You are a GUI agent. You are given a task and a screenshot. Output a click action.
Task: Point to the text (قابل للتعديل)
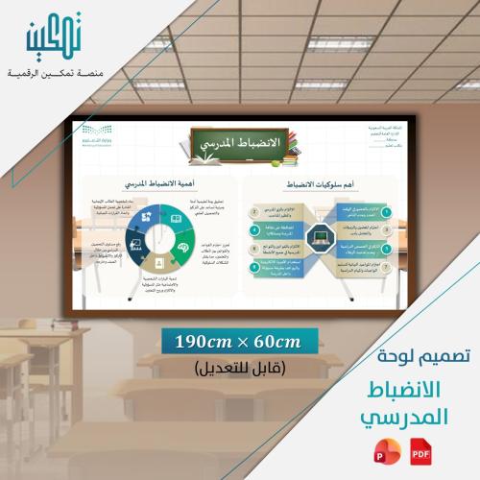point(239,368)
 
